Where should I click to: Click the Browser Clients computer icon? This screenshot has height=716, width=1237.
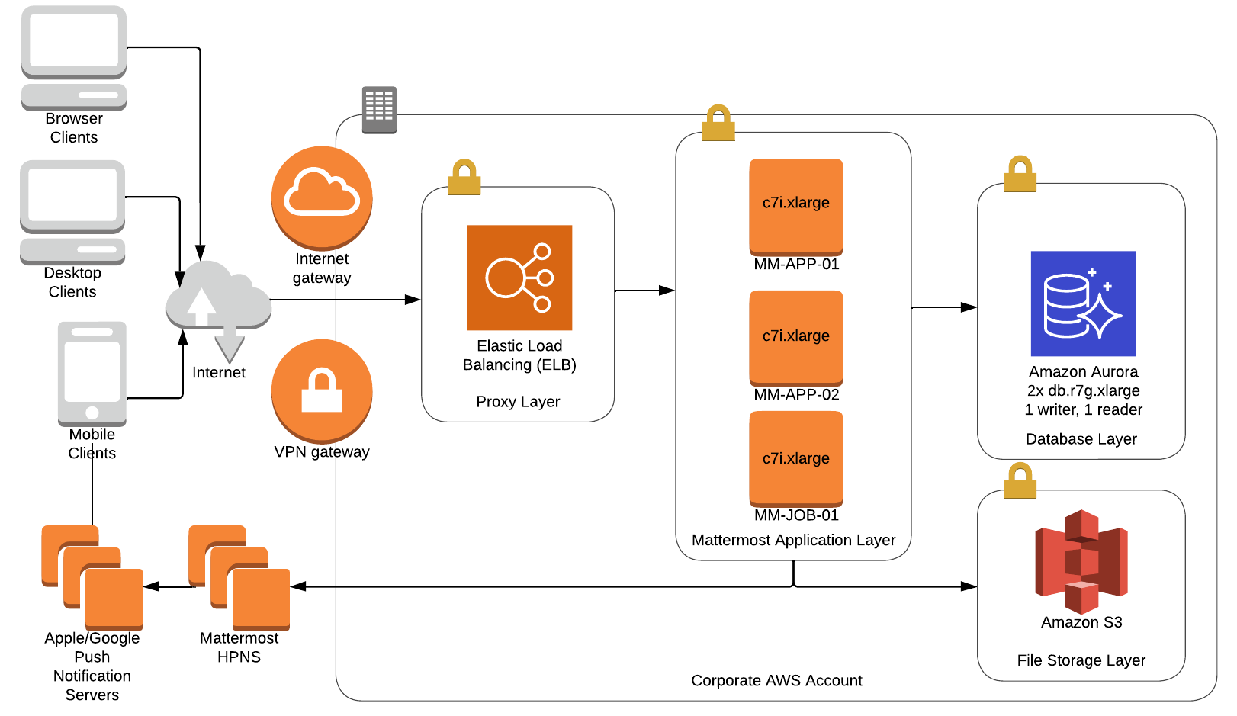[x=74, y=57]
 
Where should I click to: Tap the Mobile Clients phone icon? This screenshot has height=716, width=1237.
[x=92, y=373]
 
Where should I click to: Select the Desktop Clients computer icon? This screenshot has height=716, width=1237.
[x=72, y=211]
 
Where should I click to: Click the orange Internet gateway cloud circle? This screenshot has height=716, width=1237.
[x=322, y=197]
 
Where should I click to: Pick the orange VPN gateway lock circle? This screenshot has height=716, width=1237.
[x=322, y=390]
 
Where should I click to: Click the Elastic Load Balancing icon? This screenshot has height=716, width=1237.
[x=519, y=278]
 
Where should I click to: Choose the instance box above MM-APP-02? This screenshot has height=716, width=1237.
[x=796, y=337]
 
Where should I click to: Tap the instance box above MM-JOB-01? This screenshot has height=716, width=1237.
[x=796, y=458]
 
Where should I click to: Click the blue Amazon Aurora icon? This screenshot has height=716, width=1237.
[x=1083, y=303]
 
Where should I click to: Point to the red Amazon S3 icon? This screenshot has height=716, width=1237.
[x=1081, y=561]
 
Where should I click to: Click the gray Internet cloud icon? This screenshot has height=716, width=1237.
[x=219, y=300]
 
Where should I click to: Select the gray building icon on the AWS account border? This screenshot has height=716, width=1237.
[x=379, y=109]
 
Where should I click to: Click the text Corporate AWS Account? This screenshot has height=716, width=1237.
[x=776, y=680]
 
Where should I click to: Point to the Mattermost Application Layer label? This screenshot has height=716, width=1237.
[x=793, y=540]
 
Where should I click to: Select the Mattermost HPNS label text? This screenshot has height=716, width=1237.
[x=239, y=647]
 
